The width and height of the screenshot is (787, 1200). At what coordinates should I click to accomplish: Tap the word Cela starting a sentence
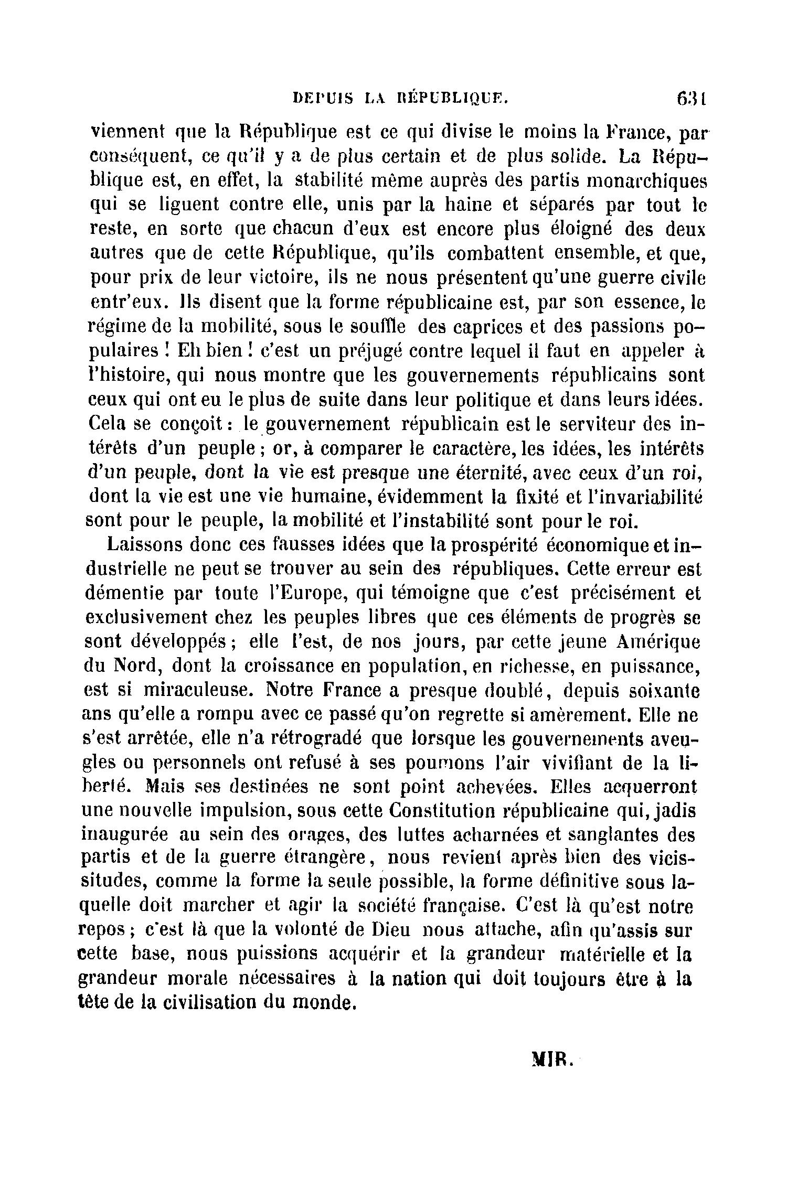click(107, 422)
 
